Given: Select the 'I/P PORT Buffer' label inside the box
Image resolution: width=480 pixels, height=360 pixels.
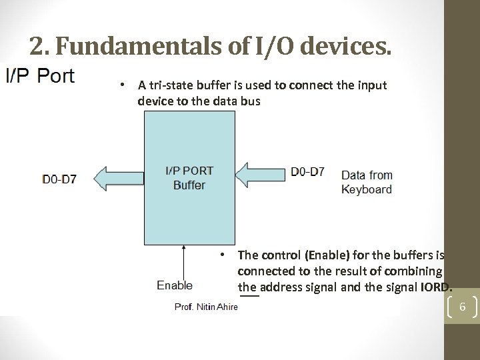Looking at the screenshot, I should [189, 178].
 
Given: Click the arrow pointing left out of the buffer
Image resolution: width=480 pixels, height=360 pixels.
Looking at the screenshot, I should [119, 179].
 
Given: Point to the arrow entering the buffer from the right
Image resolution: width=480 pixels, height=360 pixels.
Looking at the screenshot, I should [261, 175].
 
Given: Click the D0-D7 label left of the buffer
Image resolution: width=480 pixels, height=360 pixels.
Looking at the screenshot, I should [59, 179].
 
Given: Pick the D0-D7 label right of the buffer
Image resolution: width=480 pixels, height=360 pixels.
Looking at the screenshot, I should [308, 171].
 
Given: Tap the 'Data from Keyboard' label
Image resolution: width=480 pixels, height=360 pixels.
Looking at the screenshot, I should [367, 182].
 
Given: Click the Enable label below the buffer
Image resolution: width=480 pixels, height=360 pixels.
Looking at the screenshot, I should [175, 285].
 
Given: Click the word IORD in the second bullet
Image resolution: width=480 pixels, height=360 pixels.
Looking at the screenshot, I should [435, 287].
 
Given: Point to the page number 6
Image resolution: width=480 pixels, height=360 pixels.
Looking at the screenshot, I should [462, 307].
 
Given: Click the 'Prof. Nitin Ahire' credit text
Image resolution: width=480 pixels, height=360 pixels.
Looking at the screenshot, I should [206, 307].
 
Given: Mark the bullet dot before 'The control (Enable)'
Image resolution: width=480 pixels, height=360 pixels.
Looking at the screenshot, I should [226, 255].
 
